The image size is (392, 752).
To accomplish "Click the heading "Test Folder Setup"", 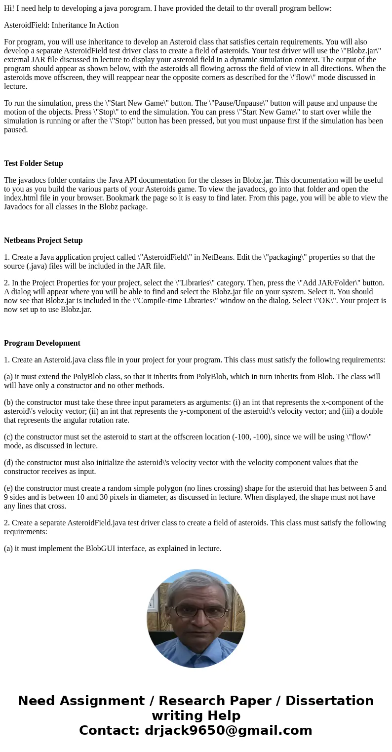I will pyautogui.click(x=34, y=163).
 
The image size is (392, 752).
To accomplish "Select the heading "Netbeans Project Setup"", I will pyautogui.click(x=43, y=240).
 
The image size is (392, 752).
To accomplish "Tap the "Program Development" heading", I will pyautogui.click(x=42, y=343).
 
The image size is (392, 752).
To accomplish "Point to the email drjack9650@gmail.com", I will pyautogui.click(x=228, y=730).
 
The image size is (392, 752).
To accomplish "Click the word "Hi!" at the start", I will pyautogui.click(x=9, y=8).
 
